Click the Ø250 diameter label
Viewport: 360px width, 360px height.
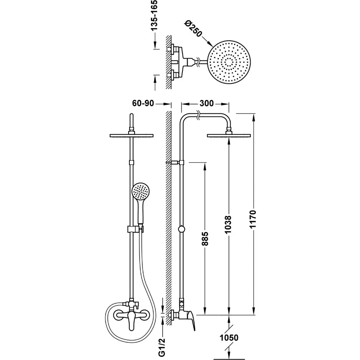coord(193,28)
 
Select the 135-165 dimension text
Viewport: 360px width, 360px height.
coord(154,15)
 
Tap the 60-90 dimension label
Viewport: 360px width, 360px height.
coord(143,103)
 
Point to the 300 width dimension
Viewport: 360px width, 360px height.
coord(206,103)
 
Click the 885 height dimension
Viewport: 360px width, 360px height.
coord(205,239)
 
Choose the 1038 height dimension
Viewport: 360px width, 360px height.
coord(228,225)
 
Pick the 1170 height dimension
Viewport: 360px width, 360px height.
coord(253,219)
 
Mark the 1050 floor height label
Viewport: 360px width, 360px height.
coord(229,338)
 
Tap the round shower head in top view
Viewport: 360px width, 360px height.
coord(229,62)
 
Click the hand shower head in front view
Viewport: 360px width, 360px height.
coord(140,192)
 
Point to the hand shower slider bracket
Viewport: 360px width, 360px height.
coord(135,229)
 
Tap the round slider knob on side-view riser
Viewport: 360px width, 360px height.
coord(181,229)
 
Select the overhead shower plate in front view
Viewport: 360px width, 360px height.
coord(131,136)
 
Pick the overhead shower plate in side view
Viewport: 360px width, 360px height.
coord(229,136)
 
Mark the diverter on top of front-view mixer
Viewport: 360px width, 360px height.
coord(131,304)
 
